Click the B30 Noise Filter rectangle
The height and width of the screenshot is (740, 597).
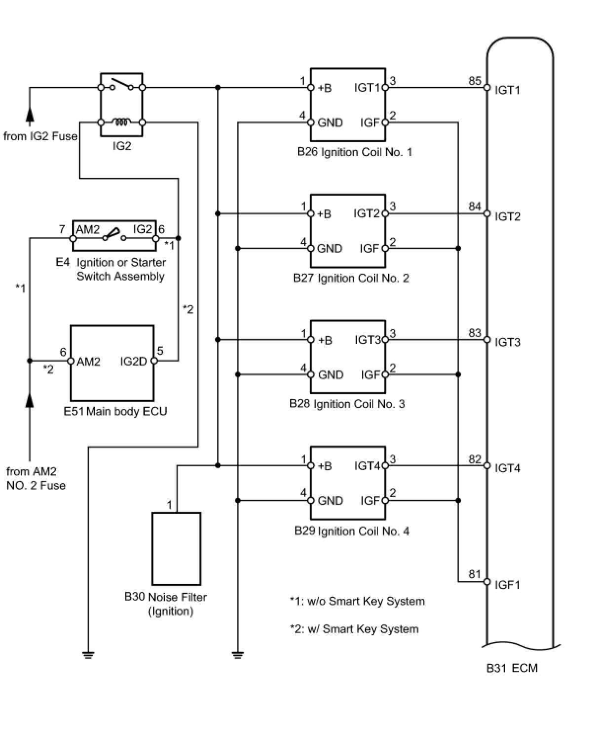176,548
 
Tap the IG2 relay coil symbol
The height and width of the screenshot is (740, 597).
121,121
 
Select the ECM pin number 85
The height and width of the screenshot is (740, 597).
475,81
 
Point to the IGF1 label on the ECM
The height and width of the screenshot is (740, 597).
507,585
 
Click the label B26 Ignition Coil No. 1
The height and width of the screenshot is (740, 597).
354,152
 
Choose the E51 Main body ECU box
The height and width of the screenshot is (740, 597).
112,363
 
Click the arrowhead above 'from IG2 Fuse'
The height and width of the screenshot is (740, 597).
30,115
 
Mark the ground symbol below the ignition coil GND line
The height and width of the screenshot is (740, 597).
238,656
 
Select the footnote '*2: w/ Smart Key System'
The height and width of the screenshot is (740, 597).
354,629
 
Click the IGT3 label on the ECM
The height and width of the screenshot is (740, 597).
507,342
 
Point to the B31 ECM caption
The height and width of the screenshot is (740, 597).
512,668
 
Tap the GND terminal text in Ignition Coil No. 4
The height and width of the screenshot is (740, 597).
330,501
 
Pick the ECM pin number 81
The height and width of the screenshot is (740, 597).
475,574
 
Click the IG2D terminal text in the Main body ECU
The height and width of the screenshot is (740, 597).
134,362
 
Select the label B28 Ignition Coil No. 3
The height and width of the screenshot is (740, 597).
347,404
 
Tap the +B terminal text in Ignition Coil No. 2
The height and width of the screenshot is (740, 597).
324,214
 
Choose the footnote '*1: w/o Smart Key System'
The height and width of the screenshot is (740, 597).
357,601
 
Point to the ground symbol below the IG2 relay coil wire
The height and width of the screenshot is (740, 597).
88,656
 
